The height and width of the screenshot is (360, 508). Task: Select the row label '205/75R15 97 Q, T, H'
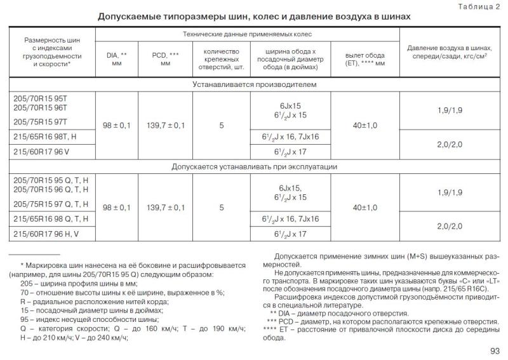pyautogui.click(x=50, y=204)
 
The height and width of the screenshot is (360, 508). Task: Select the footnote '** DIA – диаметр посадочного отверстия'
pyautogui.click(x=338, y=314)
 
